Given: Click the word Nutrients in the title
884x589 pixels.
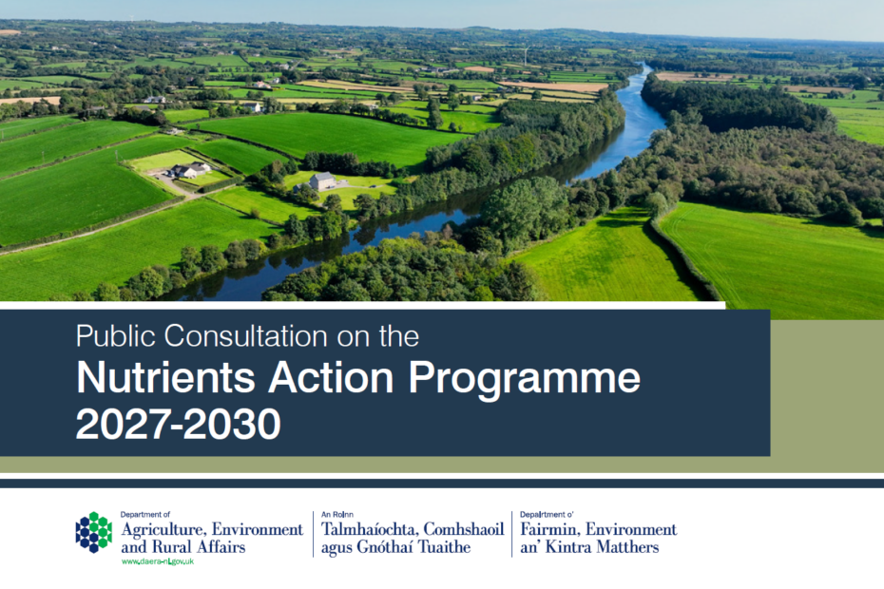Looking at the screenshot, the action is click(165, 377).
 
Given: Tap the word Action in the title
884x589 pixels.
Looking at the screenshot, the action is click(331, 377).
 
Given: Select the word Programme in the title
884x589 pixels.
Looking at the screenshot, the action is click(525, 380).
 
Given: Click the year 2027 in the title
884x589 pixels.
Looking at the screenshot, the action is click(123, 424).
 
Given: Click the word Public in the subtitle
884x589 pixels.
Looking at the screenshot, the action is click(116, 336).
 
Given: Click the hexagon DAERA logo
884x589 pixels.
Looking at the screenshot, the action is click(93, 533).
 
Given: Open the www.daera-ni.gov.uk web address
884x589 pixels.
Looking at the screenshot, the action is click(158, 561).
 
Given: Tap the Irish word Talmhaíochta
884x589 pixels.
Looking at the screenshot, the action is click(370, 529).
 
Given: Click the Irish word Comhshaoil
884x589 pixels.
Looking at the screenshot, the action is click(464, 529).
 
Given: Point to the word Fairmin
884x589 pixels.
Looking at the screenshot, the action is click(549, 529).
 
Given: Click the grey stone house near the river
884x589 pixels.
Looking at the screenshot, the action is click(322, 181).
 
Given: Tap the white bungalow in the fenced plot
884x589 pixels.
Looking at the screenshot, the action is click(190, 170).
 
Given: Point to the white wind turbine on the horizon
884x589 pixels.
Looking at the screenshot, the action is click(526, 55).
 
